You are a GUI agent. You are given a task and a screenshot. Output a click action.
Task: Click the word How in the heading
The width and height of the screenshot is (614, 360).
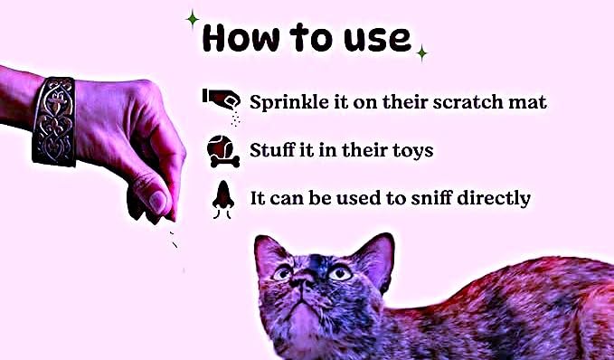(241, 38)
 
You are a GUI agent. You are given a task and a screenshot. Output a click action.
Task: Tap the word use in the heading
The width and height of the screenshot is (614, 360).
(377, 40)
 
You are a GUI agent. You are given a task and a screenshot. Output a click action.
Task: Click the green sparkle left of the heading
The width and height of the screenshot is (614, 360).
(193, 18)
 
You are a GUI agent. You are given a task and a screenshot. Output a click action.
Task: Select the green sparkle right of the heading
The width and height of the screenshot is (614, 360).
(421, 52)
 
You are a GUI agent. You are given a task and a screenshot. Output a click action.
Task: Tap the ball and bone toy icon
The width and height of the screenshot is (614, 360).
(222, 151)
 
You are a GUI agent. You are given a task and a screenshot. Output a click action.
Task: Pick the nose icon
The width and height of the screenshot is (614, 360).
(223, 199)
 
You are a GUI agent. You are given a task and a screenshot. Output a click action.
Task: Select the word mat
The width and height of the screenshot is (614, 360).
(527, 102)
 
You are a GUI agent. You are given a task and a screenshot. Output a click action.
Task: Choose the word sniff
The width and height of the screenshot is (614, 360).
(432, 197)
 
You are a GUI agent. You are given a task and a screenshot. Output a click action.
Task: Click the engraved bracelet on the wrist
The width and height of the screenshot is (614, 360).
(53, 121)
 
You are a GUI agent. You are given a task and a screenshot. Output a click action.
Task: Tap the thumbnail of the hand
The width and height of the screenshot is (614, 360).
(157, 202)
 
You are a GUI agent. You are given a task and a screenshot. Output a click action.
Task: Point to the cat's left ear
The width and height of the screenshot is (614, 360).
(374, 257)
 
